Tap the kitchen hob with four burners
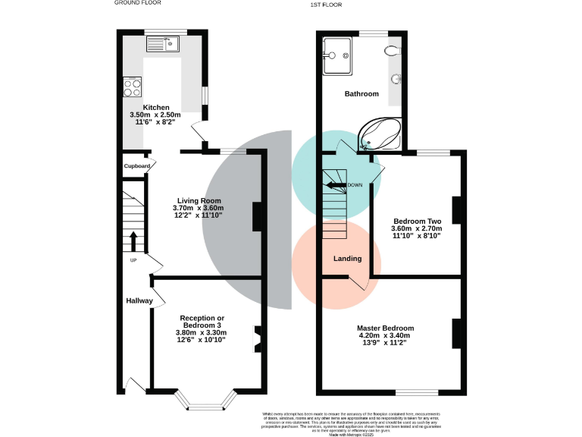[x=131, y=86]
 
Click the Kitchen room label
[x=155, y=108]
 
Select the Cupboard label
[x=136, y=165]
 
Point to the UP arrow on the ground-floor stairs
[x=133, y=241]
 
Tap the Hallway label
[x=139, y=301]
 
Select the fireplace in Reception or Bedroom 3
[x=258, y=339]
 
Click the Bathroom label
[x=361, y=94]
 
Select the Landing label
[x=347, y=259]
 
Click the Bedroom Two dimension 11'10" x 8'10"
[x=415, y=236]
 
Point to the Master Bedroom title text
[x=386, y=328]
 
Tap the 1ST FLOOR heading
[x=326, y=5]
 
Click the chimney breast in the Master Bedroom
[x=457, y=333]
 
